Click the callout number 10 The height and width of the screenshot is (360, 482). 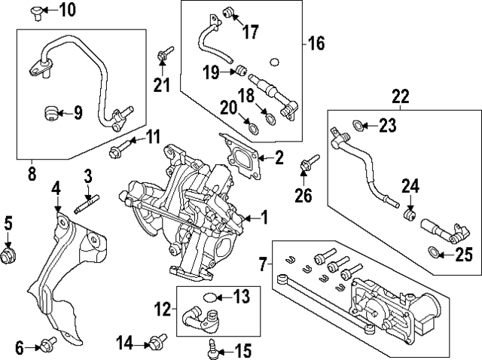tap(67, 10)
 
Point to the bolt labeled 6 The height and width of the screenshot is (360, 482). tap(47, 346)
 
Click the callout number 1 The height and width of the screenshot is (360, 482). tap(264, 219)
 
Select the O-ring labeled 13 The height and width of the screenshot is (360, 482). tap(214, 296)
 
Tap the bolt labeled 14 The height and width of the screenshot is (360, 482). tap(157, 343)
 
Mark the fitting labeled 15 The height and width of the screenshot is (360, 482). tap(211, 347)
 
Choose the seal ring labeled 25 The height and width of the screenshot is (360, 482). tap(434, 252)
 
